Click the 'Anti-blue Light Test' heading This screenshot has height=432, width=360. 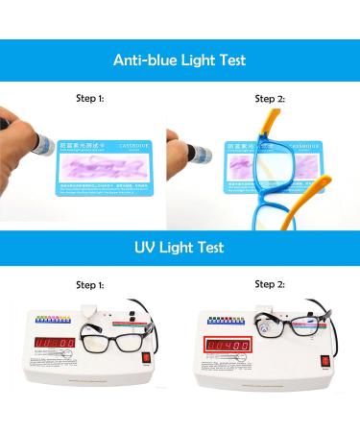[180, 60]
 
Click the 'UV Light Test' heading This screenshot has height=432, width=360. [180, 248]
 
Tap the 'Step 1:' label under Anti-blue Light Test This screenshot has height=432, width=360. [89, 98]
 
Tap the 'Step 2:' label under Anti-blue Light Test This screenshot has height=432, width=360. [269, 98]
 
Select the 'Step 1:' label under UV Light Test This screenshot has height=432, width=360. [89, 285]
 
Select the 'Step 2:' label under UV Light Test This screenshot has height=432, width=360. [269, 284]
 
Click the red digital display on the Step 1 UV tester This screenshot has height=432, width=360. [54, 343]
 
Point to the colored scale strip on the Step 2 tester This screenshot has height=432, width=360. [233, 320]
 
